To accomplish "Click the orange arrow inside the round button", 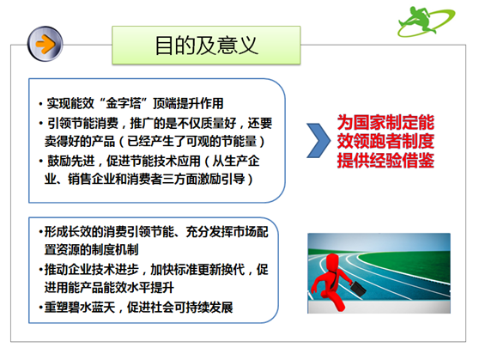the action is [45, 44].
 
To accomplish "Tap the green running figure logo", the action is [426, 21].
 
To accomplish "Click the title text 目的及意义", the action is [206, 46].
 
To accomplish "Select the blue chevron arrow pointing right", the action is [318, 140].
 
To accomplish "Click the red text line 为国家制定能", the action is [385, 122].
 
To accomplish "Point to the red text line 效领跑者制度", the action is [385, 141].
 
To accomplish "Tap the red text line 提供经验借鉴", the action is [385, 160].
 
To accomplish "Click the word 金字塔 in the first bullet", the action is [124, 103].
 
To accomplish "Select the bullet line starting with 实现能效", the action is [131, 103].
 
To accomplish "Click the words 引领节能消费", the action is [82, 123].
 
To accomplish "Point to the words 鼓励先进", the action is [71, 161].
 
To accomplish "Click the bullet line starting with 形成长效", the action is [154, 232].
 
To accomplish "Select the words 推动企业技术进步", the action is [92, 270].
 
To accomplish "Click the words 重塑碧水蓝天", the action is [80, 307].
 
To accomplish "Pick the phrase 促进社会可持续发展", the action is [180, 307].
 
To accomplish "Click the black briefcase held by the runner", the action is [358, 288].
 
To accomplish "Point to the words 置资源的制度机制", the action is [91, 250].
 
